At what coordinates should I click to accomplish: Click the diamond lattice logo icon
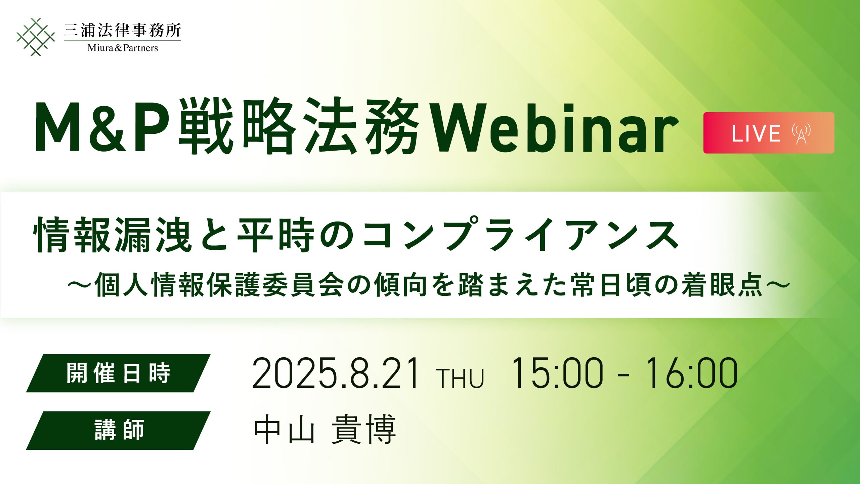[36, 37]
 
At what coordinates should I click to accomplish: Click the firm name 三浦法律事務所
[122, 30]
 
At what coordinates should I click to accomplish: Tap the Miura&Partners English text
[123, 48]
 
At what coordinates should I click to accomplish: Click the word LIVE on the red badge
[756, 133]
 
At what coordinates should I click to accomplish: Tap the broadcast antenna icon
[801, 133]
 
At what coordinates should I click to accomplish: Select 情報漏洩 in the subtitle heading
[113, 234]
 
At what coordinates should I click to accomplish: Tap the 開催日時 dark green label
[118, 373]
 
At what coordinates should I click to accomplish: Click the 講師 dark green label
[118, 430]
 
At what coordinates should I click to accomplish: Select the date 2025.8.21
[336, 373]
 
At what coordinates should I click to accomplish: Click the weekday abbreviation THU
[460, 378]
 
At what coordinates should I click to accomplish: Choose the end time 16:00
[691, 373]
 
